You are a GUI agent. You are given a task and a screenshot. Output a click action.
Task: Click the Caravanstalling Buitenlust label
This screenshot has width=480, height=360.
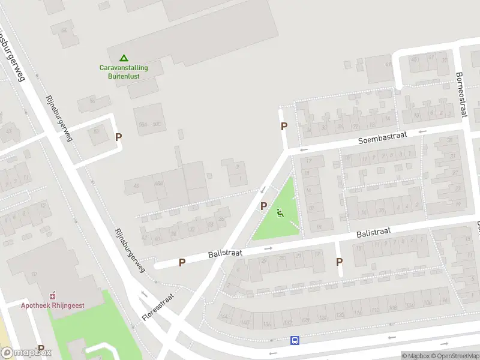[124, 72]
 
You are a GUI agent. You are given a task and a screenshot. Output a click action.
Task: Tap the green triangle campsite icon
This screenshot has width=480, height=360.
[124, 58]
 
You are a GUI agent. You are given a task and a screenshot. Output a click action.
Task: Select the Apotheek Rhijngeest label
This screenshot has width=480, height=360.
[53, 305]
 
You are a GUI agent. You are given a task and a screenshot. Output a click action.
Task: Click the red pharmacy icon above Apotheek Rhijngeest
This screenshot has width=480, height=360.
[53, 295]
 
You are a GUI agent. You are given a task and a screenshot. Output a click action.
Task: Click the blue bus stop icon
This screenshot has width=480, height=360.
[295, 340]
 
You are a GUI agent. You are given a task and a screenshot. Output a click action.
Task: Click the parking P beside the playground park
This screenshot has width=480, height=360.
[263, 206]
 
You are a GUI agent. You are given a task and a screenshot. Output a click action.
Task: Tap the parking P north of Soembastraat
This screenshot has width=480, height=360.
[284, 127]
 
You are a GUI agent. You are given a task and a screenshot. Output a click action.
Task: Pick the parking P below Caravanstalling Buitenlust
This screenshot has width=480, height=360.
[118, 137]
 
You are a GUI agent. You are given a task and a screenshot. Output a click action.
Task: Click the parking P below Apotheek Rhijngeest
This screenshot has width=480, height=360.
[41, 348]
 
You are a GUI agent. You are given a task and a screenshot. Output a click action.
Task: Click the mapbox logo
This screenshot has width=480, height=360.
[26, 353]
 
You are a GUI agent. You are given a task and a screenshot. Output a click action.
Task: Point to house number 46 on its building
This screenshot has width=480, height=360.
[136, 187]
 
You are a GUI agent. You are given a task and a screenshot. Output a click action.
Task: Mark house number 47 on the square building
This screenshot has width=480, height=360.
[388, 62]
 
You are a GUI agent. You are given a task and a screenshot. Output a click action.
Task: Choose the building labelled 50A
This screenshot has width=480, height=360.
[142, 125]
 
